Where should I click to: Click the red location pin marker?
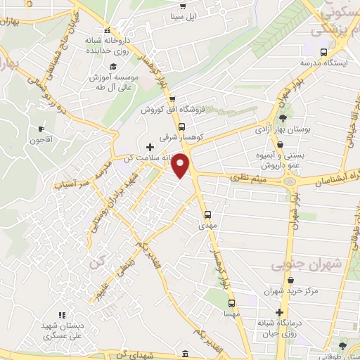(182, 167)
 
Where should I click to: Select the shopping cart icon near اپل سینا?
(173, 15)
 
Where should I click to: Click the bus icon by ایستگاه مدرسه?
(323, 52)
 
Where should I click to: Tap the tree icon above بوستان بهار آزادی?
(283, 117)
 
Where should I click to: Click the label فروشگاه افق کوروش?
(169, 110)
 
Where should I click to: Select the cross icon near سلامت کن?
(149, 147)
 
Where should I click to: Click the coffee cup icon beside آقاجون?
(41, 129)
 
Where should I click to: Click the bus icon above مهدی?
(207, 215)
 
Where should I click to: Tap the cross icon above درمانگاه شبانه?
(281, 312)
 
